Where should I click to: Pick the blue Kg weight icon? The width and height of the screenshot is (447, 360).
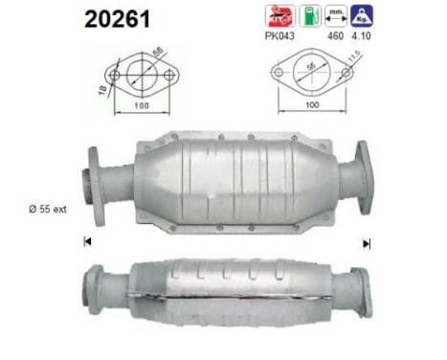(x=363, y=14)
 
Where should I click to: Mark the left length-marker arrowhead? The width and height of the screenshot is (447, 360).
(x=86, y=241)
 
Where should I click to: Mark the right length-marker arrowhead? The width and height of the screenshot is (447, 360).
(x=365, y=241)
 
